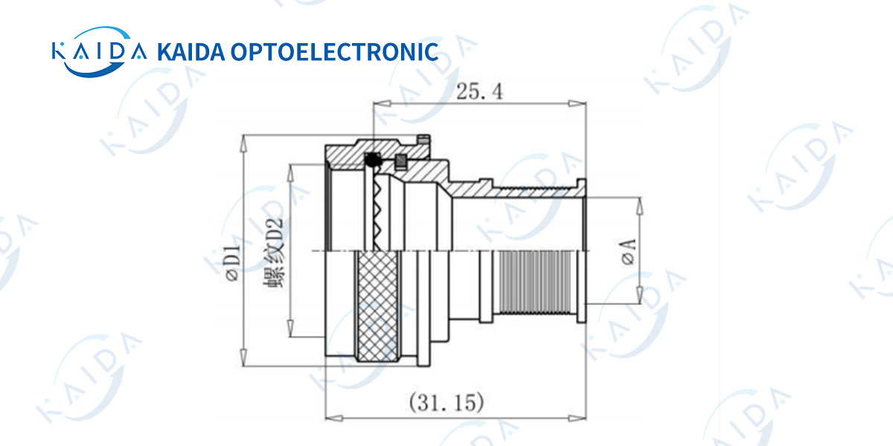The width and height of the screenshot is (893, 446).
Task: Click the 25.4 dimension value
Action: click(x=479, y=91)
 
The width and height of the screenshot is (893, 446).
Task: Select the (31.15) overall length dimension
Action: click(x=446, y=402)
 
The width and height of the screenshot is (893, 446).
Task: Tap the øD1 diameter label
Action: click(x=233, y=263)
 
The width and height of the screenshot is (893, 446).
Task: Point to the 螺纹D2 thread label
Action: click(x=275, y=253)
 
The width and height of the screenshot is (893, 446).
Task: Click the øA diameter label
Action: click(x=628, y=252)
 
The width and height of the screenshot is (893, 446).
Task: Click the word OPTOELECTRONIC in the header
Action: click(x=334, y=52)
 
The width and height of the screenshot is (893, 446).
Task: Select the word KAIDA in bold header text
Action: click(x=191, y=52)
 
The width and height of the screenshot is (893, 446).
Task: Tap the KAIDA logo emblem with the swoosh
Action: click(x=99, y=51)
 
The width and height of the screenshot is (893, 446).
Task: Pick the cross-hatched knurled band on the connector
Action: click(x=377, y=306)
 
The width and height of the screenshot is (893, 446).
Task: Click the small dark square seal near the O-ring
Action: click(x=400, y=162)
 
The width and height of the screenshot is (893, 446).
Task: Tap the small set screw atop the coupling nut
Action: click(x=423, y=139)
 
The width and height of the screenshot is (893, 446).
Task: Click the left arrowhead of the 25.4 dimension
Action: click(x=382, y=103)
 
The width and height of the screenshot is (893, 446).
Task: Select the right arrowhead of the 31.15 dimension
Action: click(x=577, y=418)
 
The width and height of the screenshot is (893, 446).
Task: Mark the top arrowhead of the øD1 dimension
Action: click(x=243, y=143)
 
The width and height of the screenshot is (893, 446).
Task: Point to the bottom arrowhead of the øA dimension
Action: click(x=639, y=295)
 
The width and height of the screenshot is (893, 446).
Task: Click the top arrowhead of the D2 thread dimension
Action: click(x=291, y=173)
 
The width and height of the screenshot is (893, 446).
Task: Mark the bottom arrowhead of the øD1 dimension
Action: click(x=243, y=358)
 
